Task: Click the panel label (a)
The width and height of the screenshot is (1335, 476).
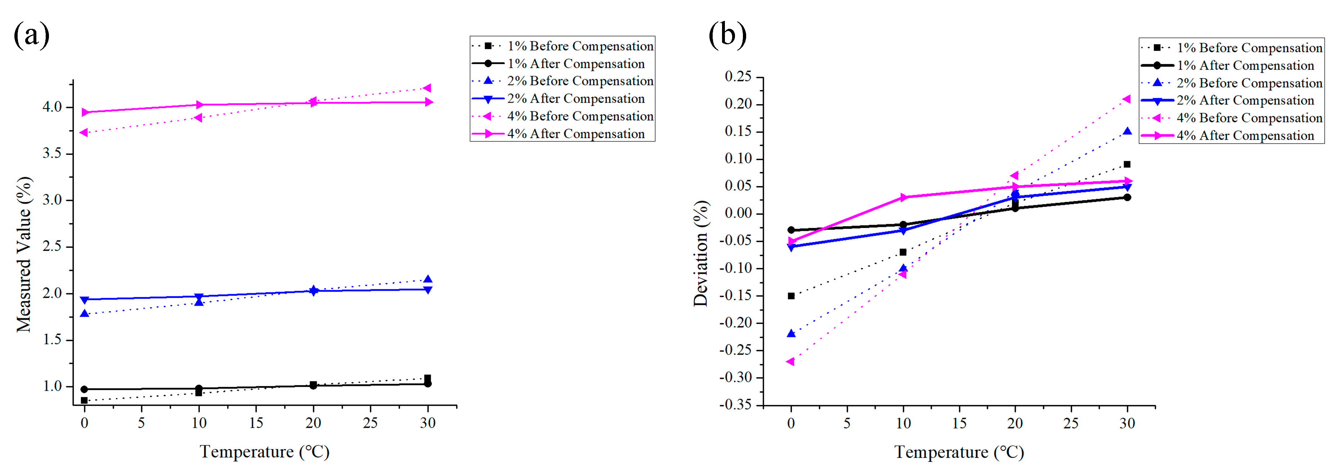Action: [31, 35]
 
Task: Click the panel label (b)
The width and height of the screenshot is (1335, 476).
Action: [727, 35]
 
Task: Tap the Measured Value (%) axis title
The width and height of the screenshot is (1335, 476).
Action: [23, 254]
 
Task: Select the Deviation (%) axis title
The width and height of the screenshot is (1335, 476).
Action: [701, 253]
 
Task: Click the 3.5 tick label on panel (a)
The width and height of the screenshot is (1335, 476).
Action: [52, 153]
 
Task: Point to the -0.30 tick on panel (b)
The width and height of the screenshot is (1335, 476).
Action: [735, 377]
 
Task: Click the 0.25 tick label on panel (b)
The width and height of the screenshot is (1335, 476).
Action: [738, 77]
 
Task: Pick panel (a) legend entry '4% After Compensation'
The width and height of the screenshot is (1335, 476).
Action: [575, 134]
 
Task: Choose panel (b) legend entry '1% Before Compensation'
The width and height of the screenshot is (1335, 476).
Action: [1249, 48]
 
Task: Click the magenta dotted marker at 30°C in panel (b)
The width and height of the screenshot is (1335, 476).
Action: [1126, 99]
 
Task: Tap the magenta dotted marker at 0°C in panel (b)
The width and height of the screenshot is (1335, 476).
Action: [790, 362]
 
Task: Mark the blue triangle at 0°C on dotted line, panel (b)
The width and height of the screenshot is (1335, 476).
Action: [791, 333]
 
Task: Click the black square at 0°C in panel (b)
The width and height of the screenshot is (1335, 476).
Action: [791, 296]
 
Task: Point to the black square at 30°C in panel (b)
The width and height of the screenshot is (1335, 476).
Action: [1127, 165]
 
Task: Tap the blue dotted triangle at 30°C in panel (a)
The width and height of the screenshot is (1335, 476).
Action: [428, 279]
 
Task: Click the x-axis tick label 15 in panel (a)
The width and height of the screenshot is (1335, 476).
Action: [256, 423]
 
